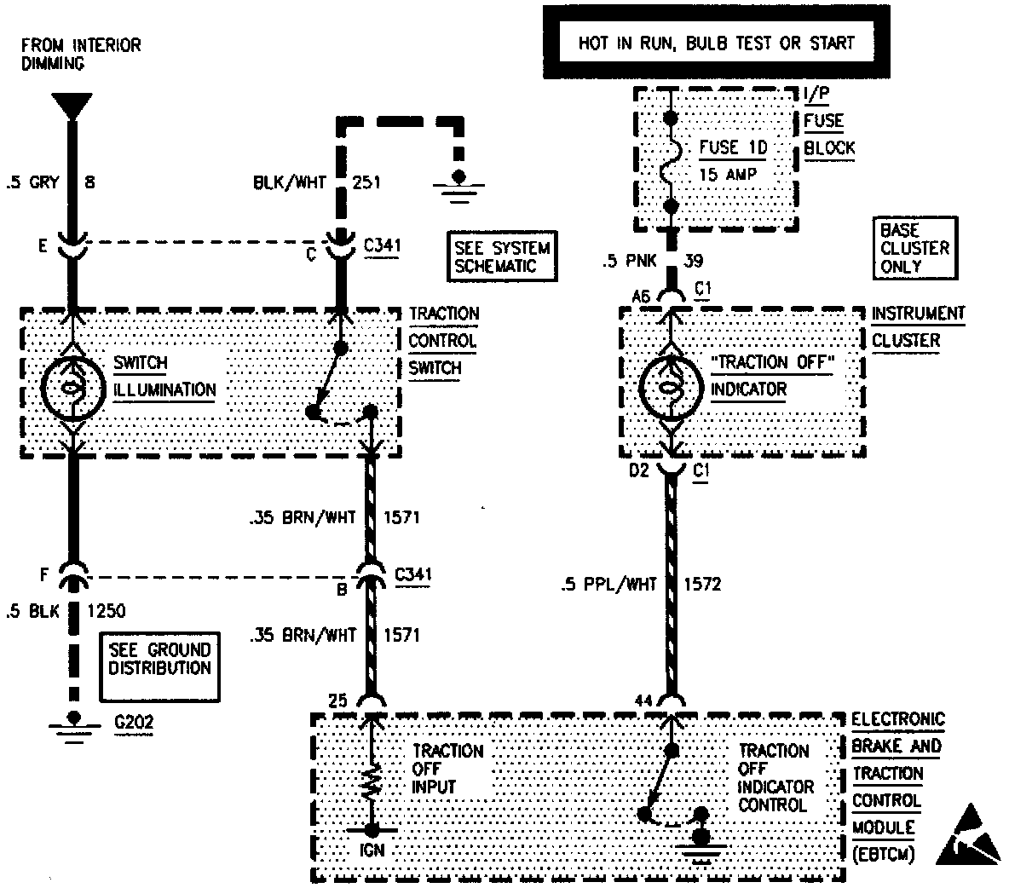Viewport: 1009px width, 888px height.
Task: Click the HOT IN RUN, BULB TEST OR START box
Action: [x=715, y=43]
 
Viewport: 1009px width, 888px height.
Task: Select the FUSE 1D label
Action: [x=733, y=147]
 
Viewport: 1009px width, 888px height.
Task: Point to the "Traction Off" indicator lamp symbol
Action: [x=672, y=388]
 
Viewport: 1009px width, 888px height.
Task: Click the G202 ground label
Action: [x=134, y=723]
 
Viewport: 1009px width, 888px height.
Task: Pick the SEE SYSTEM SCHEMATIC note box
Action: [x=503, y=256]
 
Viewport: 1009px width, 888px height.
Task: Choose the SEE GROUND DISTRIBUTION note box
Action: [x=159, y=659]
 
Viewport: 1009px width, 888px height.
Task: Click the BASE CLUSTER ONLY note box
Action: [x=914, y=248]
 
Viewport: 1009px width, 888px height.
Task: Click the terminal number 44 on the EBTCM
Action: [x=645, y=701]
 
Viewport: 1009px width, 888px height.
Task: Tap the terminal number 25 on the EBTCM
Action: [x=338, y=701]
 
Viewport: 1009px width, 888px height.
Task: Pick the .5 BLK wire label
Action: [x=32, y=610]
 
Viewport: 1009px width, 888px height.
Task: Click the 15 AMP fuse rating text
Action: [x=727, y=174]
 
